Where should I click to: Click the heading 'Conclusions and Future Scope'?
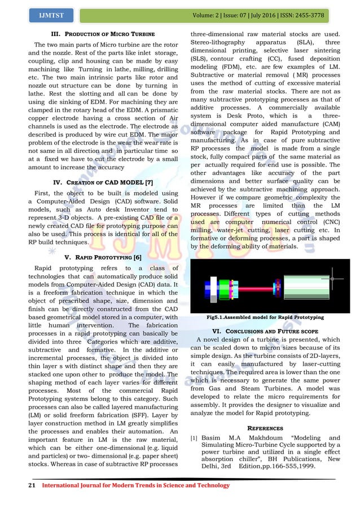tap(265, 330)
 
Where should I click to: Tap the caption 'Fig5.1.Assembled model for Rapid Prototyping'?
tap(265, 318)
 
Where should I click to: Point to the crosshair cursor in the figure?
tap(335, 278)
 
